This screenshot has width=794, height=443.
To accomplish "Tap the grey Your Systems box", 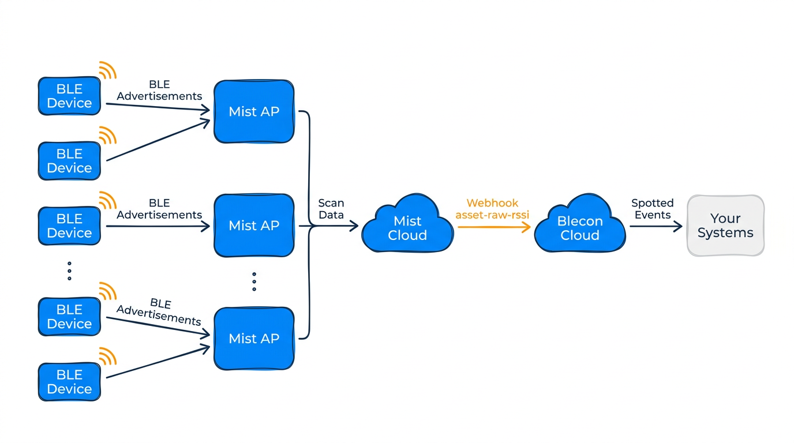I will click(725, 226).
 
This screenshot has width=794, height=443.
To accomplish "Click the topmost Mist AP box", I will click(254, 111).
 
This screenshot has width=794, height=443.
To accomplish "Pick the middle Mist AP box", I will click(254, 226).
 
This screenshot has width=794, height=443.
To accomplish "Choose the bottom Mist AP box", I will click(254, 339).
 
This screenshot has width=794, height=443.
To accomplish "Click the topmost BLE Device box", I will click(69, 96).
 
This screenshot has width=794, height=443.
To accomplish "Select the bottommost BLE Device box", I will click(69, 382).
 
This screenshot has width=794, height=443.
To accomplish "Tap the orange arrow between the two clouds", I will click(494, 227).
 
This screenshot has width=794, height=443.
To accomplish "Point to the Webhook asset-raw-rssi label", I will click(492, 209).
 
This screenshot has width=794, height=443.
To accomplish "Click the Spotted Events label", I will click(652, 209).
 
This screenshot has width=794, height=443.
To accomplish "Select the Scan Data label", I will click(331, 209).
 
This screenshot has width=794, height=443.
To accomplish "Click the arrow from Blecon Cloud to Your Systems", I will click(656, 227).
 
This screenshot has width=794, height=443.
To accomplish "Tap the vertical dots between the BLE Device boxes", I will click(69, 271).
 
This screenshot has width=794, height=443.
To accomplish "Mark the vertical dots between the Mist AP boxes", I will click(254, 281).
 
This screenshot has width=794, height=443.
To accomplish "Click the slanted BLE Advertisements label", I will click(159, 311).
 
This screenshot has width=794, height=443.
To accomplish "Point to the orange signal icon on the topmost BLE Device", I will click(107, 70).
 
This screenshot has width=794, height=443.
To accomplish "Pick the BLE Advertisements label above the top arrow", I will click(159, 91).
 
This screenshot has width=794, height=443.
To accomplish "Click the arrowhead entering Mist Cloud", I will click(353, 227).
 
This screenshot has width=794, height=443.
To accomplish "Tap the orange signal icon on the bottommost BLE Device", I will click(107, 356).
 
